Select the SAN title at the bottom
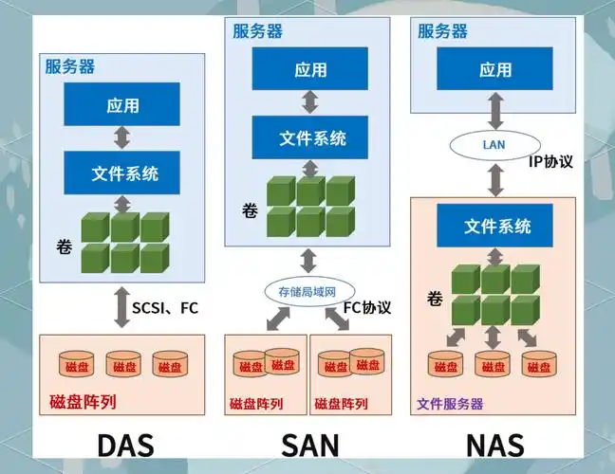pos(309,445)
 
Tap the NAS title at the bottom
pos(494,445)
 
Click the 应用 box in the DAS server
pos(122,104)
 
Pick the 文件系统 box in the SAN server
pos(310,137)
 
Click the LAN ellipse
pos(494,145)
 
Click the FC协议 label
pos(366,307)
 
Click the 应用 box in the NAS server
pos(494,69)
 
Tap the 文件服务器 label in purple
pos(450,403)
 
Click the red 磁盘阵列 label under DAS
pos(83,401)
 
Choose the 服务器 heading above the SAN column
pos(257,30)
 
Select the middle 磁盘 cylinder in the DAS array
pos(122,365)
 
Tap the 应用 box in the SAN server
pos(310,69)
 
